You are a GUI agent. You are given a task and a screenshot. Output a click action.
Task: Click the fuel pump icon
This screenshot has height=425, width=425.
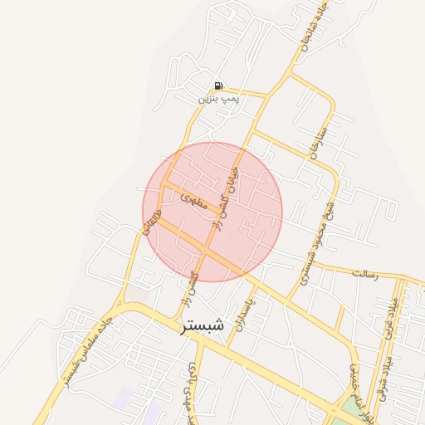coord(218,85)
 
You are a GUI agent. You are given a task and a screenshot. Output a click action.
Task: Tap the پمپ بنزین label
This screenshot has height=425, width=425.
coord(218,99)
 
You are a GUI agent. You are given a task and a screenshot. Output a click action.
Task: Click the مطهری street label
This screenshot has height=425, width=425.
coord(197,200)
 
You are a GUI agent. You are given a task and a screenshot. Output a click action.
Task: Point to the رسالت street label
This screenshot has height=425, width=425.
coord(365,272)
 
